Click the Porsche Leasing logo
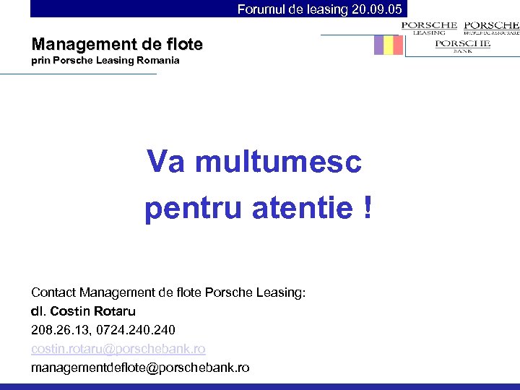(x=429, y=27)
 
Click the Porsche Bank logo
(x=462, y=45)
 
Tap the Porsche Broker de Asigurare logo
(x=492, y=27)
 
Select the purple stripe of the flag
(x=378, y=45)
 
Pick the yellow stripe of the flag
(x=389, y=45)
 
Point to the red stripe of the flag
(x=398, y=45)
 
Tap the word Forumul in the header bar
(x=263, y=9)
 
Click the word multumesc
(x=278, y=162)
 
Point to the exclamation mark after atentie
(x=368, y=209)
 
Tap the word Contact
(x=53, y=292)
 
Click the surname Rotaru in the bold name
(x=113, y=311)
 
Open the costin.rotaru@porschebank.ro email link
(x=118, y=349)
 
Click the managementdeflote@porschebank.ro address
(x=140, y=368)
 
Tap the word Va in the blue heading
(x=166, y=162)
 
